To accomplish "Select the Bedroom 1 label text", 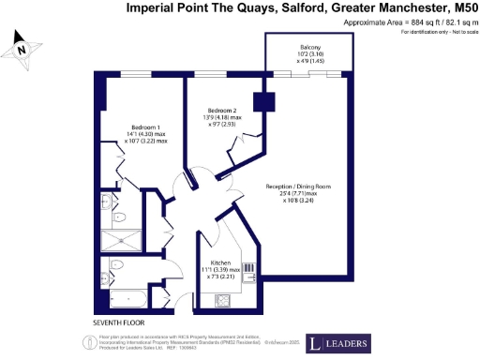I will point(145,127).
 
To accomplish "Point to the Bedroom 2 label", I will point(222,111).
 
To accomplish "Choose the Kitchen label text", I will point(220,262).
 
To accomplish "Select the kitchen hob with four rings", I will point(224,300).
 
